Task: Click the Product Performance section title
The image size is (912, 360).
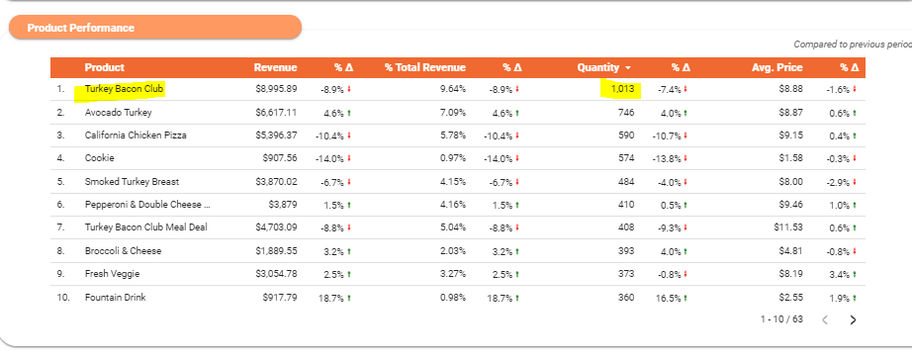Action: click(81, 28)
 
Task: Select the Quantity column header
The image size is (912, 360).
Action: click(599, 67)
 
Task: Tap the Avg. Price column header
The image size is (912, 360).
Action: click(777, 67)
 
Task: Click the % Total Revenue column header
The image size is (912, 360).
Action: click(425, 67)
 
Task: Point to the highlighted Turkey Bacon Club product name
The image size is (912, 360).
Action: click(124, 90)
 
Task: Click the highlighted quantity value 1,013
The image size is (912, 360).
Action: click(622, 90)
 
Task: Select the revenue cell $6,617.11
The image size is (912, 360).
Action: click(276, 112)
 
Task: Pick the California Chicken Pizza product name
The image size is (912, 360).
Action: click(136, 135)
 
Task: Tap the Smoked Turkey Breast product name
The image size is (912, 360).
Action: click(132, 181)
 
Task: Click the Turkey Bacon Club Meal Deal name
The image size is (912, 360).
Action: click(146, 227)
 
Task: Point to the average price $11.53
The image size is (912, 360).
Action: click(788, 227)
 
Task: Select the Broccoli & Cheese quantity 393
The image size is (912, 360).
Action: click(626, 250)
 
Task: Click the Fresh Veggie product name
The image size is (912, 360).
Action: click(112, 274)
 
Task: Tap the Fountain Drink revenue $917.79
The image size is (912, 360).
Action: click(280, 297)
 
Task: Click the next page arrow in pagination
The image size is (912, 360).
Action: click(854, 319)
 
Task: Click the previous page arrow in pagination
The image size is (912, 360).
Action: click(824, 319)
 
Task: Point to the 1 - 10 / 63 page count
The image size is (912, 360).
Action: click(781, 319)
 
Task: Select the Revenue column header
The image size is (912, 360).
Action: click(276, 67)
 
